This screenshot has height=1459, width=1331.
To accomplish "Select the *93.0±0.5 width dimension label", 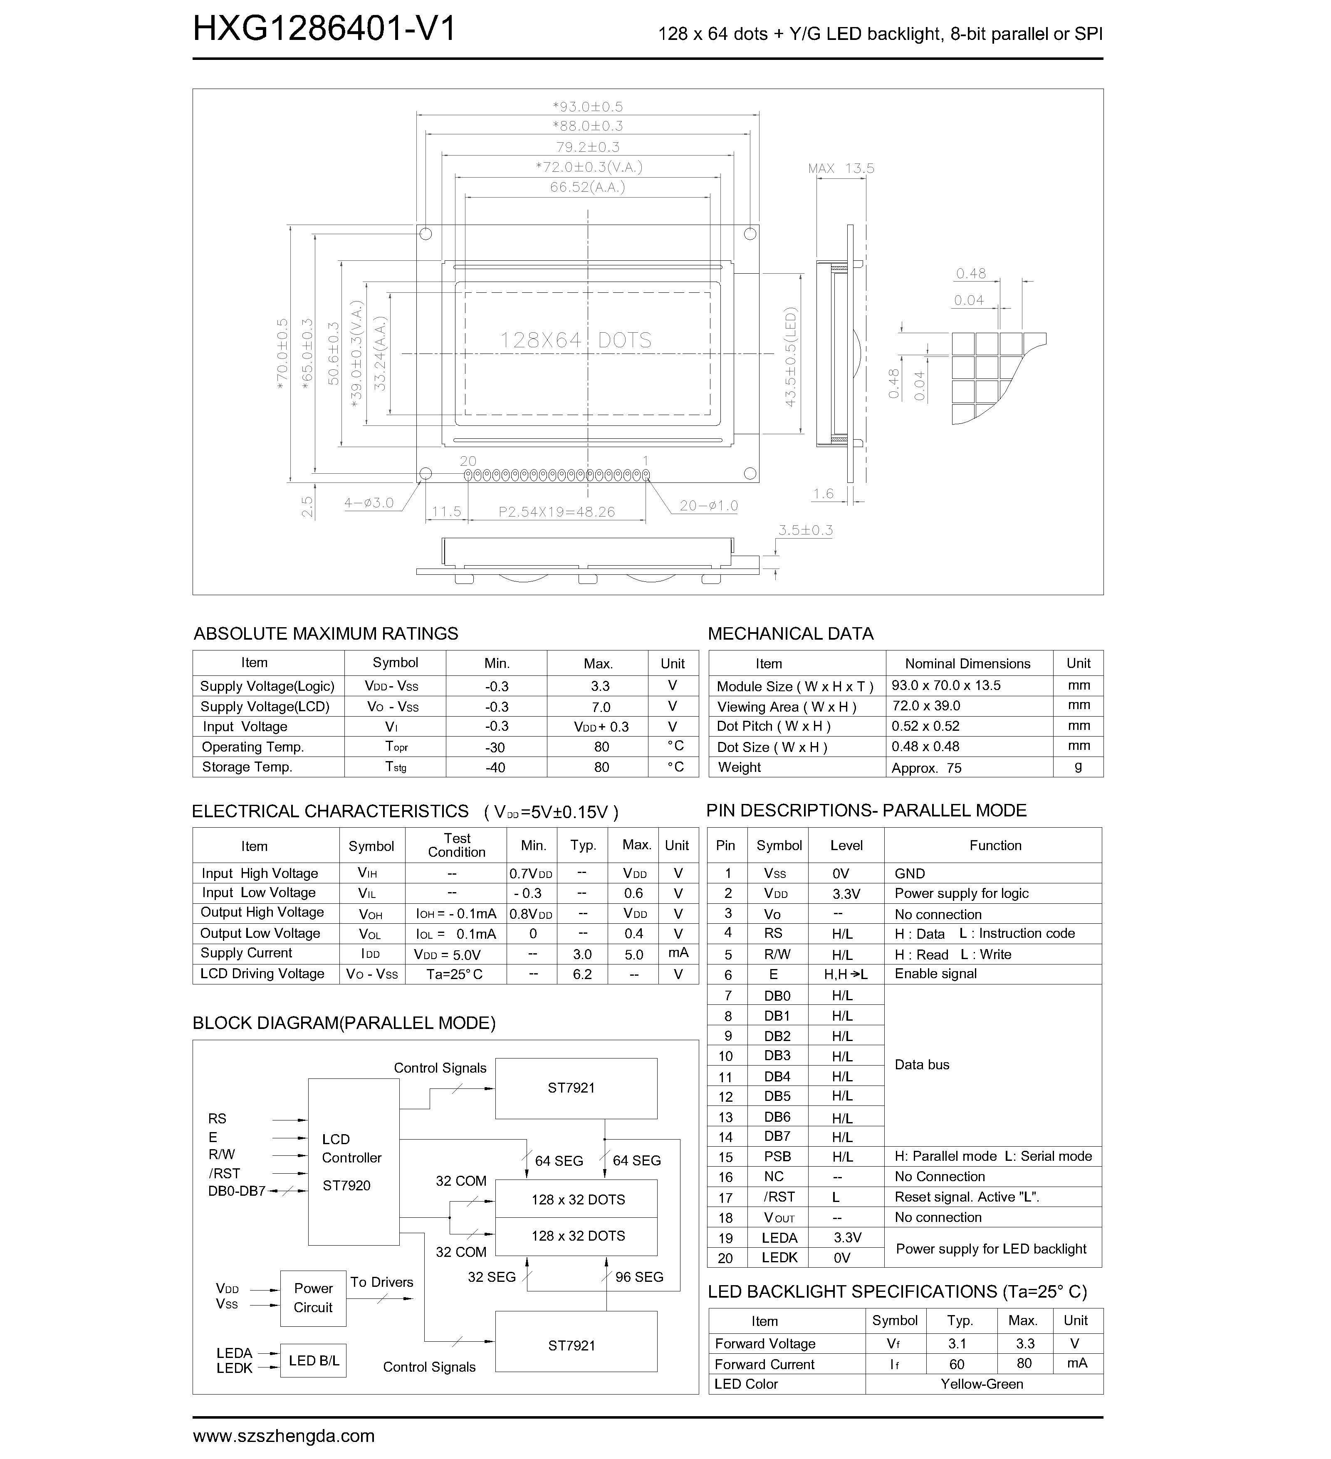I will (588, 106).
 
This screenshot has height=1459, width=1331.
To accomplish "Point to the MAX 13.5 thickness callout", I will (841, 168).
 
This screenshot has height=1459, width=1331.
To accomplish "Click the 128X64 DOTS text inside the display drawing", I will (576, 340).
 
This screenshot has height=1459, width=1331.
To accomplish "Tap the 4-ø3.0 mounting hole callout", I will (369, 503).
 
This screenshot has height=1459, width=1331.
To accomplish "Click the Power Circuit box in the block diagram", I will (313, 1298).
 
